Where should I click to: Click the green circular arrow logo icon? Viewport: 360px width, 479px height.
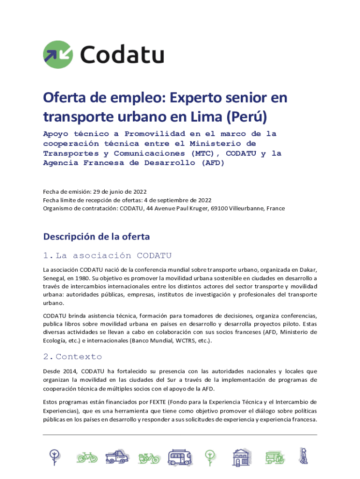point(58,54)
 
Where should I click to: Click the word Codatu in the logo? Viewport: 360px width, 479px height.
point(122,54)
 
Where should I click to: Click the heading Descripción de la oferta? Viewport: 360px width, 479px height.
point(97,237)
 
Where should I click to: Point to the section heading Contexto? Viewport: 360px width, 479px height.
point(79,357)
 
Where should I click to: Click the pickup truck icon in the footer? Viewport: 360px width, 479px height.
point(116,457)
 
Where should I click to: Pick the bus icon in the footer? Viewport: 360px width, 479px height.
point(180,457)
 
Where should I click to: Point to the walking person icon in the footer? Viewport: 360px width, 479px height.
point(304,456)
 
